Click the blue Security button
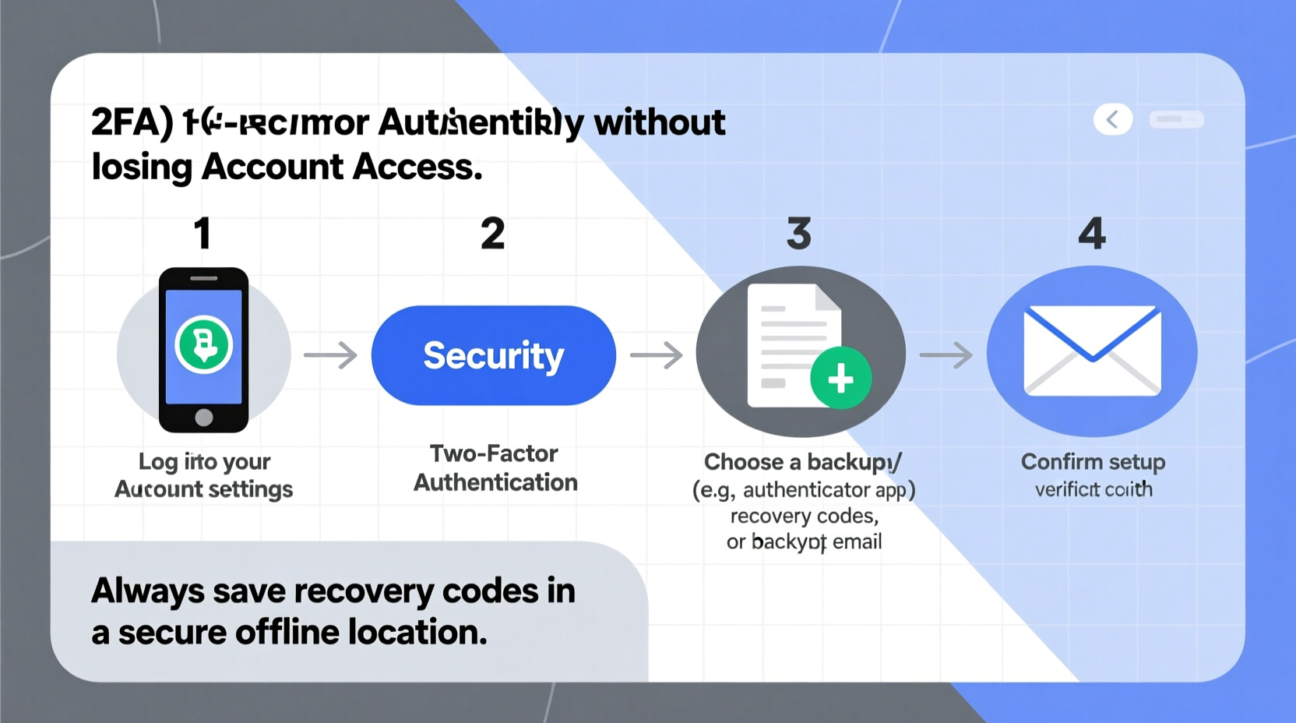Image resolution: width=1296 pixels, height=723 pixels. coord(493,355)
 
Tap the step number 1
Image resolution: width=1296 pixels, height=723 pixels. coord(202,233)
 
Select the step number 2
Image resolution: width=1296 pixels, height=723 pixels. coord(492,233)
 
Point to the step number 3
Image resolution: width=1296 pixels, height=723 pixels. coord(799,233)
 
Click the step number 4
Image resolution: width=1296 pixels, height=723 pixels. coord(1092,233)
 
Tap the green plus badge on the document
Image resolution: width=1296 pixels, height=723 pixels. coord(840,379)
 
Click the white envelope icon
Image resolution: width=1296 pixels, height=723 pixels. coord(1092,351)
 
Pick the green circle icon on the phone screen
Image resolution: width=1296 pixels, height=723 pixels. coord(204,344)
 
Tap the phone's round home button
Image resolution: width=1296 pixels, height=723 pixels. coord(204,418)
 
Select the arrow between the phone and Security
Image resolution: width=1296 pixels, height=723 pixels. coord(330,355)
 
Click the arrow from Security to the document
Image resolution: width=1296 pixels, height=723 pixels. coord(656,355)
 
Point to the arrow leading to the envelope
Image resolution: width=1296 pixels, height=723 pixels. coord(946,355)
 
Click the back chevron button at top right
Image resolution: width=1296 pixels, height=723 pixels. coord(1112,119)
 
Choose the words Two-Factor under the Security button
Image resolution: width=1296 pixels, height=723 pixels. coord(494,453)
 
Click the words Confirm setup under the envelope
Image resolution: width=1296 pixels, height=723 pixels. coord(1093,462)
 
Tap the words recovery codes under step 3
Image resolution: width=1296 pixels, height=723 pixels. coord(804,516)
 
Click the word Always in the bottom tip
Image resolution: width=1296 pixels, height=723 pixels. coord(148,591)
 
